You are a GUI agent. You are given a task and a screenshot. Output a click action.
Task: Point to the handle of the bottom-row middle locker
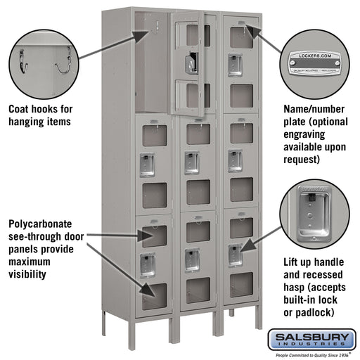point(191,259)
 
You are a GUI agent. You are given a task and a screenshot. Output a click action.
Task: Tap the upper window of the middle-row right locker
point(241,133)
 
